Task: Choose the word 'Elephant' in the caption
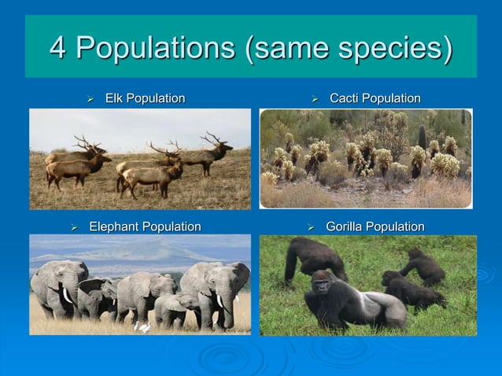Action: click(115, 227)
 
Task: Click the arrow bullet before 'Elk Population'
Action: click(90, 99)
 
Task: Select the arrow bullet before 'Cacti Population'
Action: click(314, 99)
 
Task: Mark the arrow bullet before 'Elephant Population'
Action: click(74, 227)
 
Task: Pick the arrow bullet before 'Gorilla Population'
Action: click(311, 227)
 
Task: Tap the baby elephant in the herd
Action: click(172, 307)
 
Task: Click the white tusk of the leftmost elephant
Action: click(66, 296)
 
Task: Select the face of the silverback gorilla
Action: click(321, 284)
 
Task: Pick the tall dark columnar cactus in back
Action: click(422, 135)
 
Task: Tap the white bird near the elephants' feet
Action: click(143, 325)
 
